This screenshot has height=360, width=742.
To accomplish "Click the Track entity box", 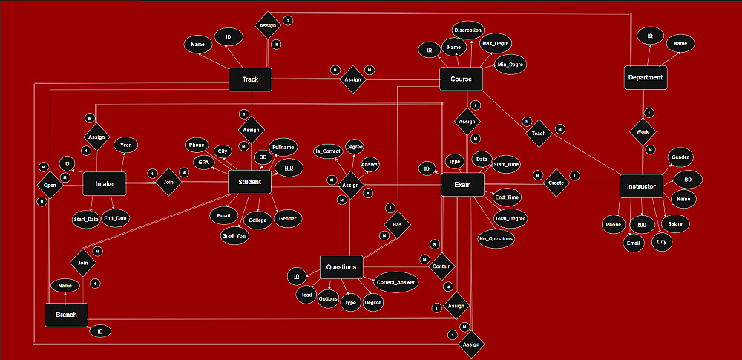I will point(249,79).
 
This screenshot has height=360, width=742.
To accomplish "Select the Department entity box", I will point(645,77).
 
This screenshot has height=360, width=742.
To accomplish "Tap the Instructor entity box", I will point(640,186).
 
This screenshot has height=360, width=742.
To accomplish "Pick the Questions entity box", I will point(341,267).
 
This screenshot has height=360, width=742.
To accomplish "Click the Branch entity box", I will point(66,314).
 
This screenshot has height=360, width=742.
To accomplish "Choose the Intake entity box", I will point(104,183).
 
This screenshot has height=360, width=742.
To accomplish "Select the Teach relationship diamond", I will point(539,134).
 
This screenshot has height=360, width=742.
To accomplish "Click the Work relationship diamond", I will point(642,132).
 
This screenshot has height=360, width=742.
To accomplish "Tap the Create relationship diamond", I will point(556,183).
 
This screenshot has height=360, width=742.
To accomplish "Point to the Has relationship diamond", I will point(397,223).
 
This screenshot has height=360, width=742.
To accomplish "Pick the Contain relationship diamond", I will point(441,266).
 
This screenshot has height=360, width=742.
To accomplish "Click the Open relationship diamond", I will point(50,185).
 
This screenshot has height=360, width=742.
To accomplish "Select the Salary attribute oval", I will point(674,223).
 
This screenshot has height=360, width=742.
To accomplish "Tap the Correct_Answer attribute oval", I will point(395,282).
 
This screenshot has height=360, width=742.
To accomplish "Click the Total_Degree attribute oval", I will point(510,219).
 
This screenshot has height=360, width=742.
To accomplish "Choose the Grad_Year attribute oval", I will point(234,236).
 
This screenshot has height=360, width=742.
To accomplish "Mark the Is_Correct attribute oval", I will point(327,151).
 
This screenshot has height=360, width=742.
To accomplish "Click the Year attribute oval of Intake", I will point(125,145).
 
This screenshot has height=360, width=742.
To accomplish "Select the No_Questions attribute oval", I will point(496,238).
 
